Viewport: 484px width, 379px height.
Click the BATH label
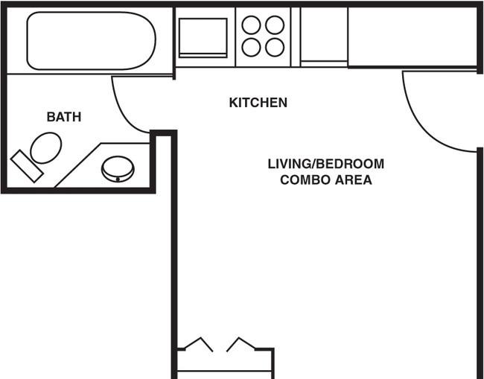(64, 117)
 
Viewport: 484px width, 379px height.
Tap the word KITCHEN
(258, 103)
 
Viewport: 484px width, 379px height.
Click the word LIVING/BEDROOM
(326, 164)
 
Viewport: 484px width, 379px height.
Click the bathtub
(92, 41)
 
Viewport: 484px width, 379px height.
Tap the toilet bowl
(46, 148)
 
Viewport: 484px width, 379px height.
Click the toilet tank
(27, 166)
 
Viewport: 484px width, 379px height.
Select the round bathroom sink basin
(118, 169)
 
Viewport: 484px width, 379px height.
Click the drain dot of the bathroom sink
(118, 179)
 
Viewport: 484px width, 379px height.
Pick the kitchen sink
(203, 38)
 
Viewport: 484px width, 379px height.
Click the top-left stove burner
(251, 25)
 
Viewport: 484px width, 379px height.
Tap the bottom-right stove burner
(275, 48)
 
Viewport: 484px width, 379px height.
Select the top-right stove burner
(275, 25)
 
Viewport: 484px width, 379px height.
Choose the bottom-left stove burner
(251, 48)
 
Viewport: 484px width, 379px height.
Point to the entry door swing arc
(421, 130)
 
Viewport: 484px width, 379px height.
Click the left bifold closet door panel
(199, 344)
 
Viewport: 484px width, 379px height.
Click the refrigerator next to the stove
(324, 36)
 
